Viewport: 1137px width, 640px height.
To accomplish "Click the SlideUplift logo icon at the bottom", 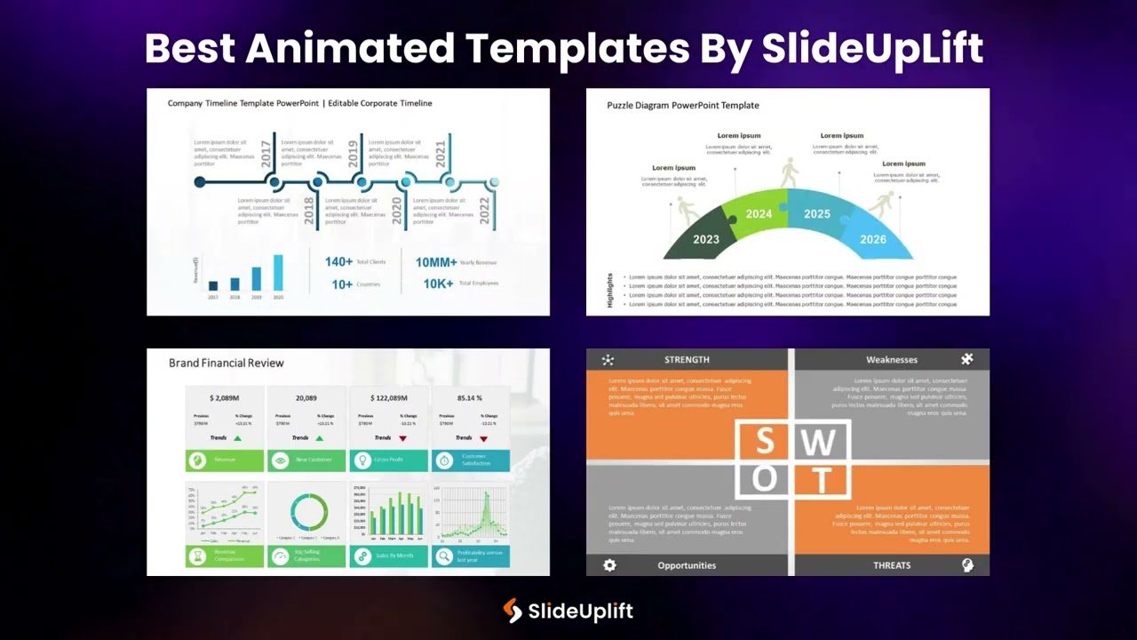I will point(513,611).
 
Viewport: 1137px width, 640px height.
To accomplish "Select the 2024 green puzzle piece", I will point(757,213).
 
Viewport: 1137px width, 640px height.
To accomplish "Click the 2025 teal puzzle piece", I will point(816,213).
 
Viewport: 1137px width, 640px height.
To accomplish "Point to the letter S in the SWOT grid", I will point(765,442).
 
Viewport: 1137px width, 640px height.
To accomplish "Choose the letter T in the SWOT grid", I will point(822,481).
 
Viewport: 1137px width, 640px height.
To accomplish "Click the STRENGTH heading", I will point(687,360).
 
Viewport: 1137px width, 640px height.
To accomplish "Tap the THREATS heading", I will point(891,565).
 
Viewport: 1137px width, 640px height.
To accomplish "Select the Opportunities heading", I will point(687,565).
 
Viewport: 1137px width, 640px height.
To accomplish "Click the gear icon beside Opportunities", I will point(609,565).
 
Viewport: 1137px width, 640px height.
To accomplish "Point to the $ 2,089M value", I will point(224,398).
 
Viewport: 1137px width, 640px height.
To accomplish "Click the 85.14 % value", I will point(469,398).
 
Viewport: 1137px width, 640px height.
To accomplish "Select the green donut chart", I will point(308,513).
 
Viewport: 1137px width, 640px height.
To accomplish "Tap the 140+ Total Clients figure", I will point(339,262).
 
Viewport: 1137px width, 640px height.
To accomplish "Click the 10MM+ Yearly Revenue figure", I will point(436,262).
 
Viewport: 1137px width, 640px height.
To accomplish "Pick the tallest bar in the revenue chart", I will point(278,273).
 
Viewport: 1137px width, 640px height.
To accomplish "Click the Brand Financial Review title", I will point(227,363).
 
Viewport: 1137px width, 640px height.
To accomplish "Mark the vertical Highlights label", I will point(610,291).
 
